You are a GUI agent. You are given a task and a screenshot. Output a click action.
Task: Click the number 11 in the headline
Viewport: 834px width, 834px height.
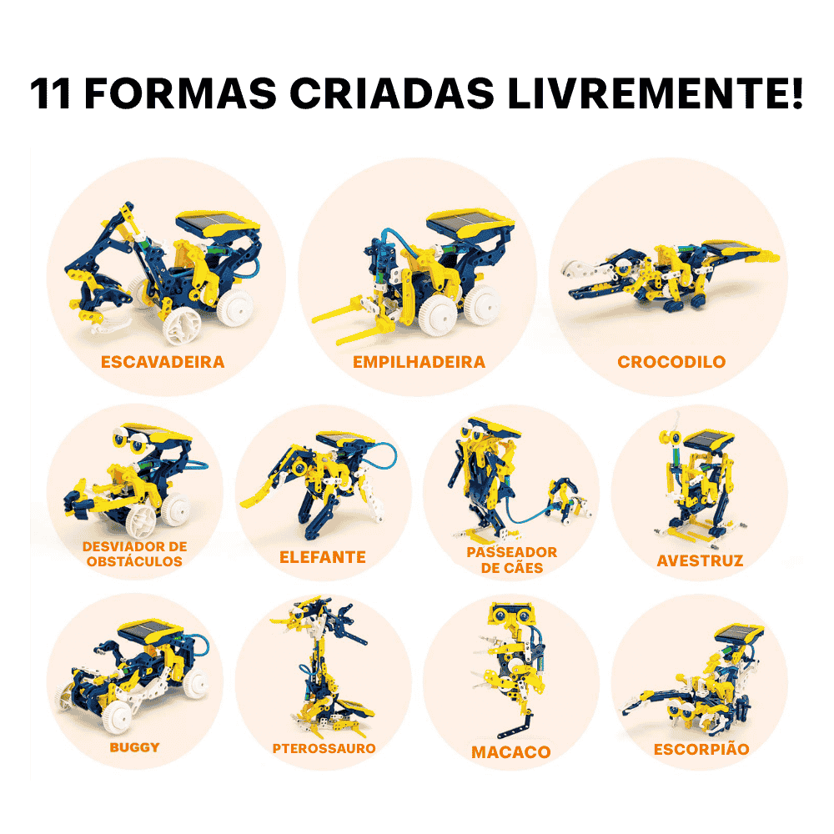[50, 93]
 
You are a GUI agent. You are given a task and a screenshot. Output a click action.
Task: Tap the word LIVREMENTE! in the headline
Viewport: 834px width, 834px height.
[655, 93]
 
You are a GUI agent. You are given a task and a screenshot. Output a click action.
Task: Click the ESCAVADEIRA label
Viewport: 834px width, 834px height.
[163, 362]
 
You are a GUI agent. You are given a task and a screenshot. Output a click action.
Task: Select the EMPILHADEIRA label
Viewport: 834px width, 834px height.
[420, 362]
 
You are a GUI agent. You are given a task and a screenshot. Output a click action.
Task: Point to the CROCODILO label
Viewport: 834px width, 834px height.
[671, 362]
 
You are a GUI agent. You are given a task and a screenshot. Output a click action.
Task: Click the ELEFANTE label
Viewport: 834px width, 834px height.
[322, 557]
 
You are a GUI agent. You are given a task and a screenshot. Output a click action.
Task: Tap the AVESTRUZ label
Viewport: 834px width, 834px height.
[700, 560]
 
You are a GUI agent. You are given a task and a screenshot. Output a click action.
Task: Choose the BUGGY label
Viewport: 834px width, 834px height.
[134, 747]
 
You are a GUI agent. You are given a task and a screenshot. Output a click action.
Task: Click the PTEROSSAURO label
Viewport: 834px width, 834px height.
[324, 748]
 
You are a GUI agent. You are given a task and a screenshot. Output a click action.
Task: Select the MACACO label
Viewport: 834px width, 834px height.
[510, 752]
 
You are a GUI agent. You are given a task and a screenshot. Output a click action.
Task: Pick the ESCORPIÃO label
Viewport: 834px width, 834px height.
[701, 749]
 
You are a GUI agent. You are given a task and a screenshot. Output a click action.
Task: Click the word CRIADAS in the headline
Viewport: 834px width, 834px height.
[393, 93]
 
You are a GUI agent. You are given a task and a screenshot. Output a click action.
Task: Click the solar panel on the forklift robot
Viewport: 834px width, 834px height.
[470, 223]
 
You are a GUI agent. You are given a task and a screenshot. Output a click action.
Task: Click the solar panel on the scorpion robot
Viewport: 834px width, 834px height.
[738, 635]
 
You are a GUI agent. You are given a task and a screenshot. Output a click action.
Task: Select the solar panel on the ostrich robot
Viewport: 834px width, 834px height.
[708, 440]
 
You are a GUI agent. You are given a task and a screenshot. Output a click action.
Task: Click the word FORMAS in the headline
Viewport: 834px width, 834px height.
[180, 93]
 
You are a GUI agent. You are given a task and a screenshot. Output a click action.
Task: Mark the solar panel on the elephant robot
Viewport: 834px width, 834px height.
[344, 440]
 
